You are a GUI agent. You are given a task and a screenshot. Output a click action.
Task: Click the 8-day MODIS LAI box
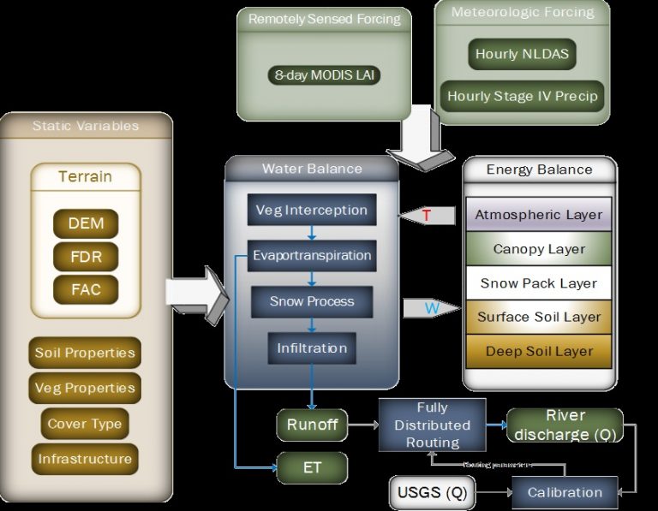tap(324, 75)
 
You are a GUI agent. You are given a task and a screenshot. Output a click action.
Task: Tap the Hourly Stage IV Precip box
tap(522, 96)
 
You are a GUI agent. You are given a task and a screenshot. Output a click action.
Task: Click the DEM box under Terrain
tap(85, 224)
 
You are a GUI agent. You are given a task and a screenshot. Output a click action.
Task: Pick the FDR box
tap(85, 257)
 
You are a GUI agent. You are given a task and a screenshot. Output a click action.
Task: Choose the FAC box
tap(85, 289)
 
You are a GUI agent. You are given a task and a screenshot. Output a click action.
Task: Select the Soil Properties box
tap(85, 353)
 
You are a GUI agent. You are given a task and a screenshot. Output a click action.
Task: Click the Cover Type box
tap(85, 424)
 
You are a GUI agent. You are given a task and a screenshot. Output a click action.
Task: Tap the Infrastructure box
tap(85, 459)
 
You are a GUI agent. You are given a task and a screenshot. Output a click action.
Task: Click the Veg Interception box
tap(311, 211)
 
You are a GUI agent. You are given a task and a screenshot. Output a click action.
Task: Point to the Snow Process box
tap(311, 301)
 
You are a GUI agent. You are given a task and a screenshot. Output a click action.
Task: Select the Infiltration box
tap(311, 348)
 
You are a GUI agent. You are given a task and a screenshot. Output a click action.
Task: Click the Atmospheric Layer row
tap(539, 215)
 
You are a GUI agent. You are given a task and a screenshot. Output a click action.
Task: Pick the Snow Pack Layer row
tap(539, 283)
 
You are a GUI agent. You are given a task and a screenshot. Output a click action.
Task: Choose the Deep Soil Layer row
tap(539, 352)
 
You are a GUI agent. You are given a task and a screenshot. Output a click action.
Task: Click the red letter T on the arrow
tap(427, 216)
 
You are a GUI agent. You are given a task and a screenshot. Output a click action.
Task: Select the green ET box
tap(311, 468)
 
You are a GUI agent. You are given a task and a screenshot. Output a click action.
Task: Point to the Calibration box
tap(565, 492)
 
